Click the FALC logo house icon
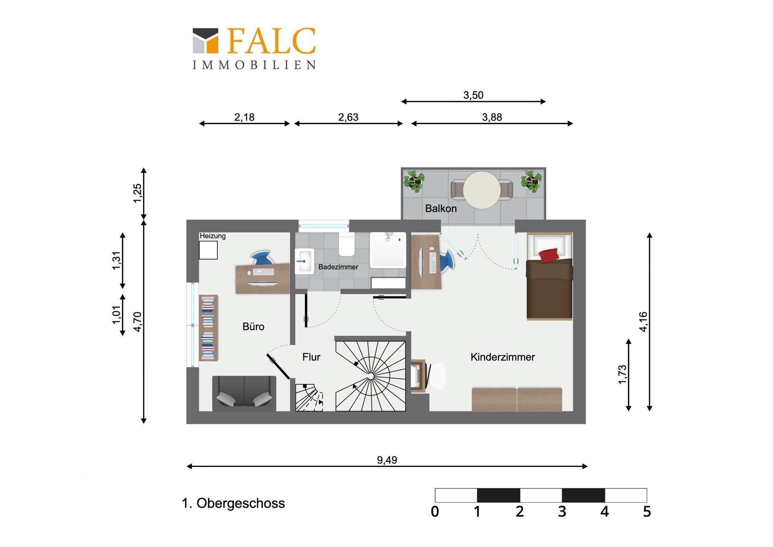[x=206, y=41]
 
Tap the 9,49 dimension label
[x=387, y=460]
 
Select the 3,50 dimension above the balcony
[x=473, y=95]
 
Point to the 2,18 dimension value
[x=244, y=117]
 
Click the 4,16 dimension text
[x=643, y=322]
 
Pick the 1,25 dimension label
[x=137, y=193]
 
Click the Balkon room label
[x=441, y=208]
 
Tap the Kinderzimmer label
[x=503, y=357]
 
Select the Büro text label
[x=254, y=327]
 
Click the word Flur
[x=311, y=357]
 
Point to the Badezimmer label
[x=338, y=267]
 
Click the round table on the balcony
[x=482, y=190]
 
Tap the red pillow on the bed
[x=549, y=255]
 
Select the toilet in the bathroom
[x=347, y=244]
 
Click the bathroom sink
[x=304, y=261]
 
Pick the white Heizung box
[x=208, y=250]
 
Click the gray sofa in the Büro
[x=244, y=393]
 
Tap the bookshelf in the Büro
[x=208, y=328]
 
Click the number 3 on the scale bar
[x=562, y=512]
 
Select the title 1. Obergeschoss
[x=233, y=503]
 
